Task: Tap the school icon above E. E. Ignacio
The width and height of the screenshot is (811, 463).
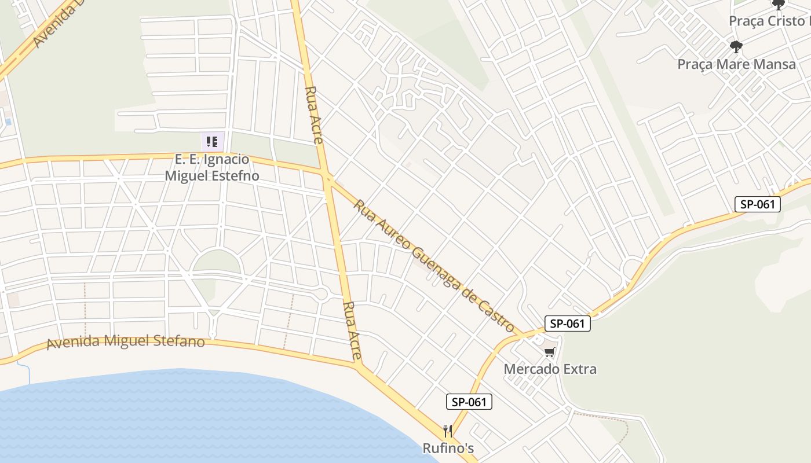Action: click(x=212, y=141)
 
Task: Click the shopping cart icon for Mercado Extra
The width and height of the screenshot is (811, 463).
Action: click(x=549, y=352)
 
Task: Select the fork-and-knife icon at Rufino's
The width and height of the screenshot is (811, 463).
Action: click(x=447, y=431)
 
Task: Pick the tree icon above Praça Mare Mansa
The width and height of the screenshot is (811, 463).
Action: click(x=736, y=46)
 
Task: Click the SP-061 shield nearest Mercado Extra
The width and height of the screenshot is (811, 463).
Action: click(x=568, y=324)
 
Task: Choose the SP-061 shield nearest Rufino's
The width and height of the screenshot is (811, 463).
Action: click(x=469, y=402)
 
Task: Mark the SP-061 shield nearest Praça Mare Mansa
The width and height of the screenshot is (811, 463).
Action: click(x=758, y=204)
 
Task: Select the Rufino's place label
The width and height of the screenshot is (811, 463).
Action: click(x=448, y=448)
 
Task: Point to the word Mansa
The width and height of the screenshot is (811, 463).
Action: click(x=773, y=64)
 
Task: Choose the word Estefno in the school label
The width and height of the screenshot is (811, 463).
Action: click(x=233, y=175)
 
